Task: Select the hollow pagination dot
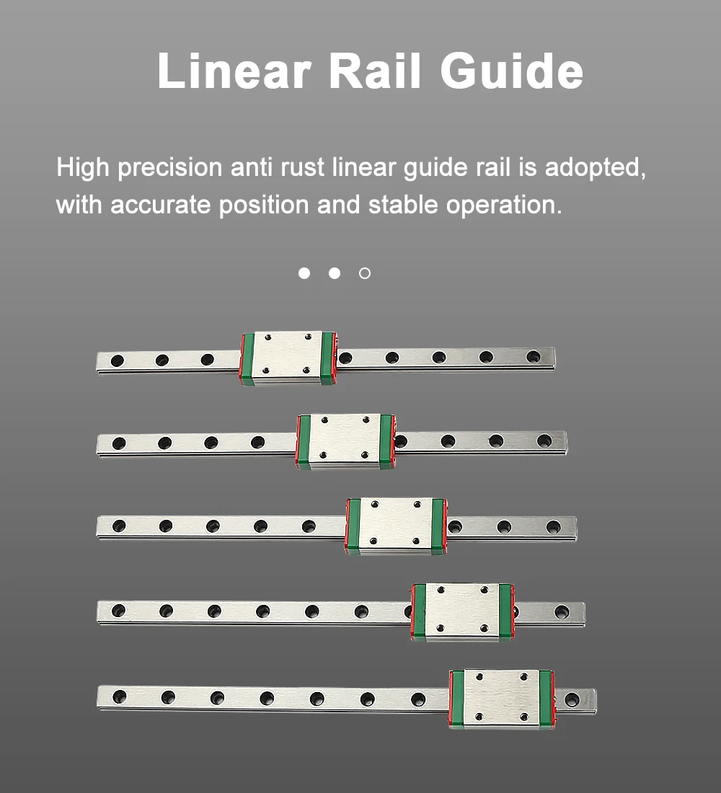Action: pyautogui.click(x=365, y=273)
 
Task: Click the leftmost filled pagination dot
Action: pyautogui.click(x=304, y=273)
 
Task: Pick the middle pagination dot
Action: pyautogui.click(x=335, y=273)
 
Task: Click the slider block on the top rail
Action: pyautogui.click(x=288, y=358)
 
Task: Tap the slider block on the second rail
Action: pyautogui.click(x=345, y=440)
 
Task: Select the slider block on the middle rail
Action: pyautogui.click(x=395, y=525)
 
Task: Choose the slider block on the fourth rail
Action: pyautogui.click(x=462, y=611)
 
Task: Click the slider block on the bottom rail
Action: pyautogui.click(x=501, y=698)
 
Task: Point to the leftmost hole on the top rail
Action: pyautogui.click(x=117, y=360)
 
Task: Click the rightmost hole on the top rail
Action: pyautogui.click(x=533, y=356)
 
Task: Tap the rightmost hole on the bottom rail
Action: pyautogui.click(x=572, y=699)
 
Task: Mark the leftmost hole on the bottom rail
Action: pyautogui.click(x=120, y=696)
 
